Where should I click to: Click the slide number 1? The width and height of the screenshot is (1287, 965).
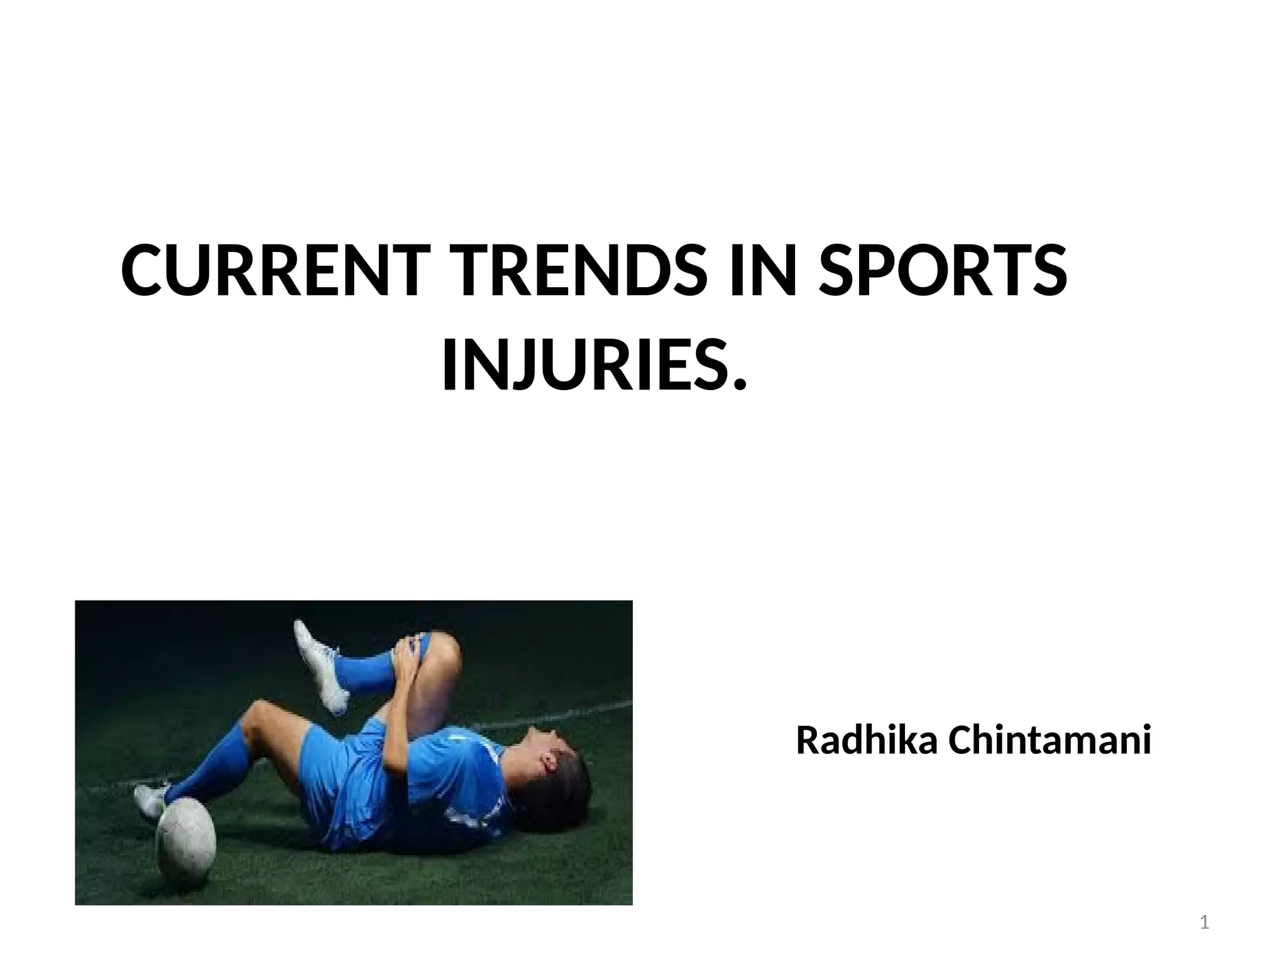pyautogui.click(x=1205, y=923)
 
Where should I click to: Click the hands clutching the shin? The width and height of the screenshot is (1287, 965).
pyautogui.click(x=408, y=660)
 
